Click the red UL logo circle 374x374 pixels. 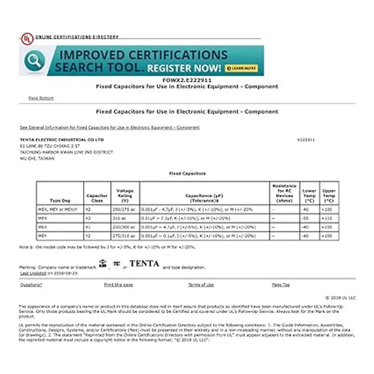(27, 39)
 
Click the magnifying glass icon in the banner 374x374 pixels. (35, 61)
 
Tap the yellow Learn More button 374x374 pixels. (242, 68)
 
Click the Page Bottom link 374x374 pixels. (41, 98)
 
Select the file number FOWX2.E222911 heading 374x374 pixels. (187, 80)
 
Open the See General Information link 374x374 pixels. (110, 127)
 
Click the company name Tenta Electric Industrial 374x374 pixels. (62, 140)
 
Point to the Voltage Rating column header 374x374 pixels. (125, 195)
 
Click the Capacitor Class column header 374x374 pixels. (97, 198)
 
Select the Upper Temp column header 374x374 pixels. (329, 195)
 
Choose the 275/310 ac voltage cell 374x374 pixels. (124, 236)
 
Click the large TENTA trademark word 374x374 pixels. (145, 264)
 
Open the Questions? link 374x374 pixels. (31, 285)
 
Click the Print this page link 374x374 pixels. (118, 285)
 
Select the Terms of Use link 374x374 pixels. (201, 285)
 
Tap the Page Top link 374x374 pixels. (281, 285)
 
